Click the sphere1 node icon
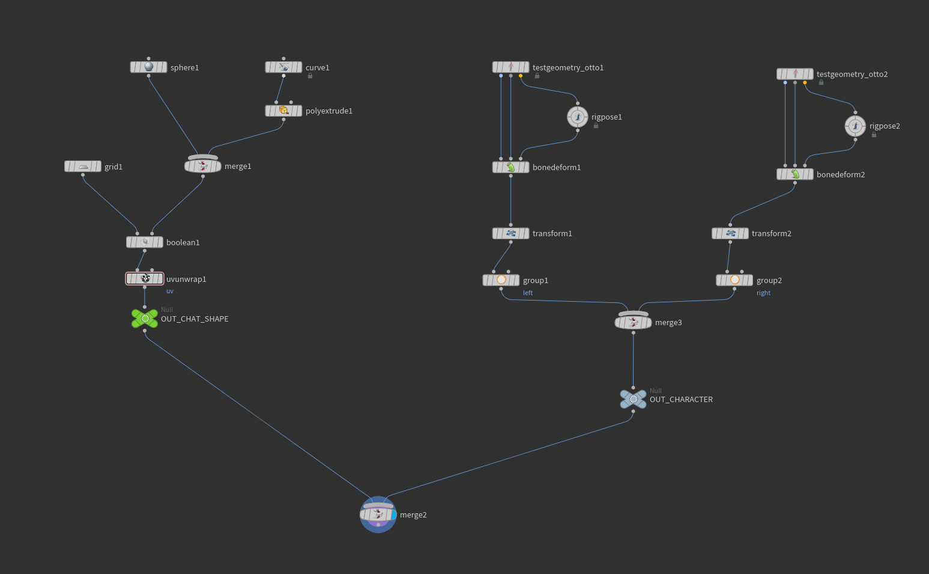[x=148, y=67]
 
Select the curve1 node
[x=283, y=67]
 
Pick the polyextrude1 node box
[x=283, y=111]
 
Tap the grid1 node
[x=83, y=166]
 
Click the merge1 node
[x=203, y=165]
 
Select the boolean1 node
[x=145, y=242]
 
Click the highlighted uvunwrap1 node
[x=145, y=278]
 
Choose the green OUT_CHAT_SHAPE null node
[x=145, y=319]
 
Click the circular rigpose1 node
[x=578, y=117]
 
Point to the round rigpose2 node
[x=855, y=126]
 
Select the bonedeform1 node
[x=510, y=167]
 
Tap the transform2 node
[x=730, y=233]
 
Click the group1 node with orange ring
[x=501, y=280]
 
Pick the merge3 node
[x=634, y=321]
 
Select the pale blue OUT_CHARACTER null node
[x=634, y=399]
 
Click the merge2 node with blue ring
[x=378, y=514]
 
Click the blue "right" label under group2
[x=763, y=293]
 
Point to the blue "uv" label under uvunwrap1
[x=170, y=292]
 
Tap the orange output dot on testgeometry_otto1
[x=521, y=76]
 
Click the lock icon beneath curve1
[x=310, y=76]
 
